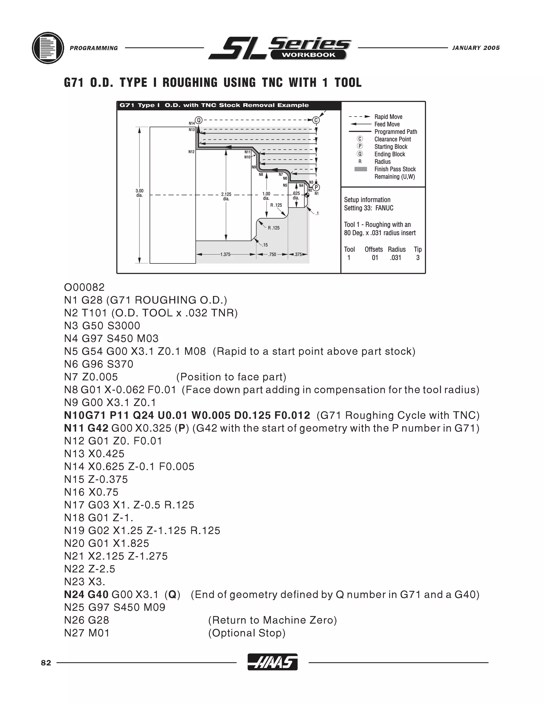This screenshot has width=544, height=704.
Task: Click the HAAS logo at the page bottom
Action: coord(272,662)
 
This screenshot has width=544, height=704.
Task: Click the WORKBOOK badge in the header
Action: coord(308,55)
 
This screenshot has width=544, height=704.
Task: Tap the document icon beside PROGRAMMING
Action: coord(48,48)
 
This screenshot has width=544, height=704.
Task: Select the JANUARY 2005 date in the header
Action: coord(476,48)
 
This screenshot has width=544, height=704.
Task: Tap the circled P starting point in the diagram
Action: coord(316,187)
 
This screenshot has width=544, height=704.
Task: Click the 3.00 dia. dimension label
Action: coord(139,193)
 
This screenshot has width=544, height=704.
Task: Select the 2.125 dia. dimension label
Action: coord(226,196)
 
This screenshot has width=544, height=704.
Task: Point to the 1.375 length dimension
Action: coord(225,254)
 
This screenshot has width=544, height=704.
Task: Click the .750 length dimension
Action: coord(272,254)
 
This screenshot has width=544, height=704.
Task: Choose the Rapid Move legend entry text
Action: coord(388,117)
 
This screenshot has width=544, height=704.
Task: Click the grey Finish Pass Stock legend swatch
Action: coord(361,169)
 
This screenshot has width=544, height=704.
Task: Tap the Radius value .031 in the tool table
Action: coord(396,257)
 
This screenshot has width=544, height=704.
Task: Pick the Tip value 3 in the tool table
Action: coord(418,257)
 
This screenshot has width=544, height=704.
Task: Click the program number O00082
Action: coord(84,287)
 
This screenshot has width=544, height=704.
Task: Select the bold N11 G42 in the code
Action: coord(86,428)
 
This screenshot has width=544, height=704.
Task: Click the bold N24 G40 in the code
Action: coord(86,594)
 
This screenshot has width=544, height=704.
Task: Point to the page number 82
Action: coord(46,663)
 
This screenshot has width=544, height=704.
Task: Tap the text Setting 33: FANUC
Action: coord(369,208)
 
